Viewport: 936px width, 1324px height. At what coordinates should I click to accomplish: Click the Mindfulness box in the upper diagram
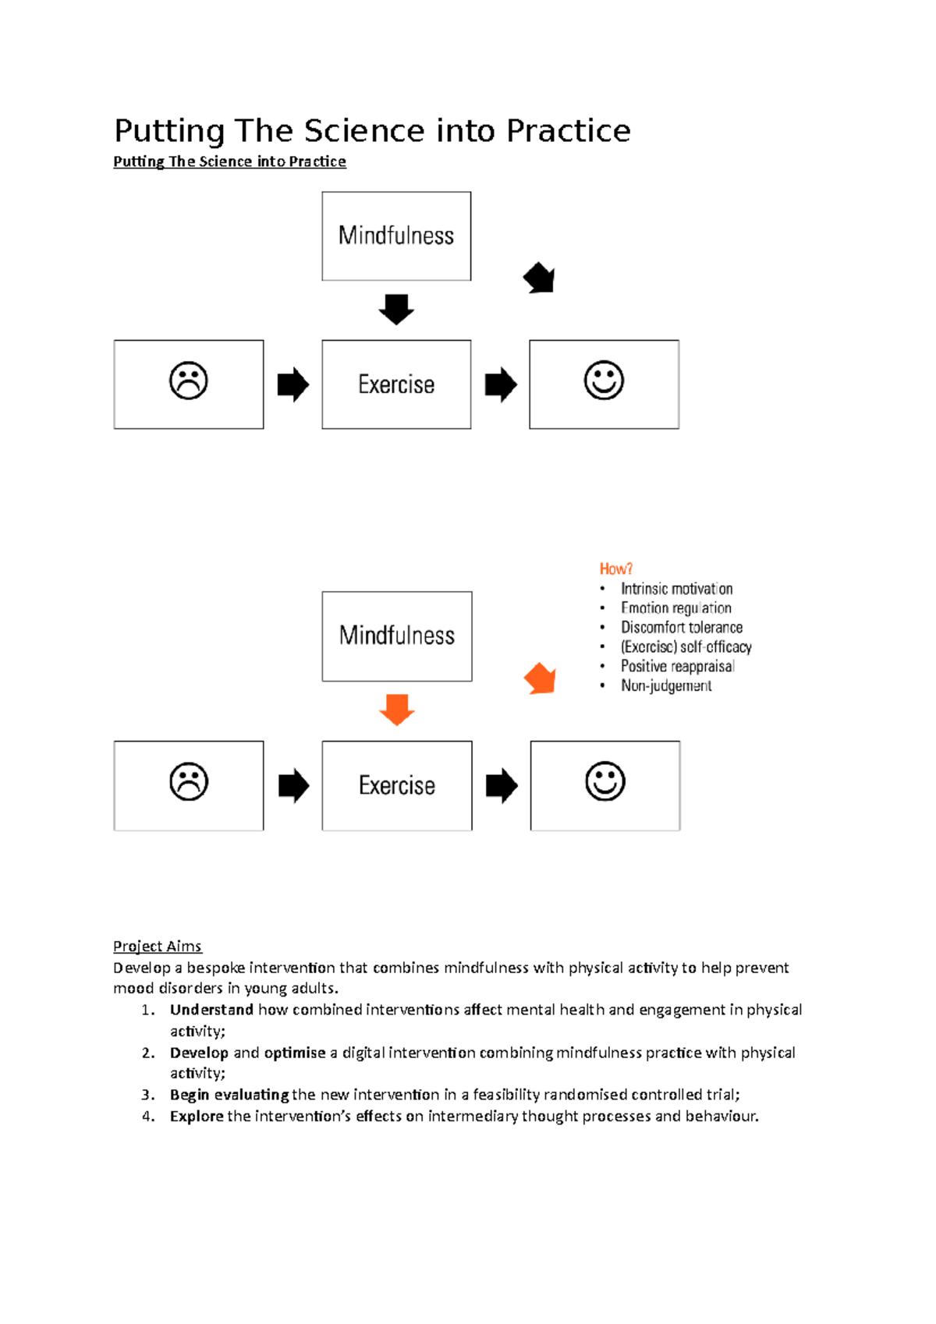[396, 235]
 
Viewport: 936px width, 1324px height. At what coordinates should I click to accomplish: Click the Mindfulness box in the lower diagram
[396, 635]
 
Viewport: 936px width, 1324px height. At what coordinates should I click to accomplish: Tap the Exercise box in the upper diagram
[396, 384]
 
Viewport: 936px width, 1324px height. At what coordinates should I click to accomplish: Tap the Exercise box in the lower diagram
[396, 785]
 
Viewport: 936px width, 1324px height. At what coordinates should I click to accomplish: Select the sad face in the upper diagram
[189, 381]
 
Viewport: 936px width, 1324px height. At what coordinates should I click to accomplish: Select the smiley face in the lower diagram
[605, 782]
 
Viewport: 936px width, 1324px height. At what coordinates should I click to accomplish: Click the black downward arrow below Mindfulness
[396, 309]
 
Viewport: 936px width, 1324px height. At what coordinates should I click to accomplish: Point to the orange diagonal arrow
[540, 678]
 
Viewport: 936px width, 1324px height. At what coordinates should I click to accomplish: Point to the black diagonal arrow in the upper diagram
[539, 278]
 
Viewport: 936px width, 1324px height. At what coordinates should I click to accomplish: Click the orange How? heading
[615, 568]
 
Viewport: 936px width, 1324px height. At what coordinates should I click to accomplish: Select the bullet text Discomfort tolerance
[681, 628]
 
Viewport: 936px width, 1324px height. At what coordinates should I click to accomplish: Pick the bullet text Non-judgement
[665, 686]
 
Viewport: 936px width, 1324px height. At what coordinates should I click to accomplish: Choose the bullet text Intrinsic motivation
[676, 589]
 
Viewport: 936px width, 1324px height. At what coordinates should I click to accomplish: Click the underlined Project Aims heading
[157, 946]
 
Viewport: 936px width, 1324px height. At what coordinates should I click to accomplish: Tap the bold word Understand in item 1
[211, 1010]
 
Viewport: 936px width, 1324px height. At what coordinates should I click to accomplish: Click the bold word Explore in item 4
[197, 1116]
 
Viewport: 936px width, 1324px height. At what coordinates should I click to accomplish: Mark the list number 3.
[147, 1095]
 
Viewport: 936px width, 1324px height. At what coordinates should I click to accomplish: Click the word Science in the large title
[365, 130]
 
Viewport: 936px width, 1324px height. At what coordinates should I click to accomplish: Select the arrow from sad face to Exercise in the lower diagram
[293, 785]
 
